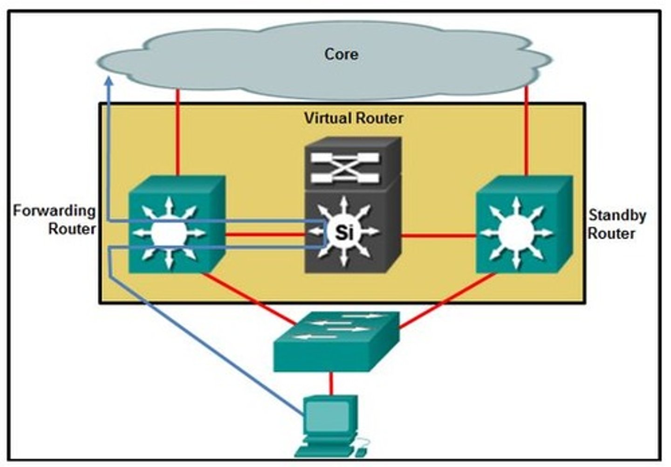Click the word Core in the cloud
pos(341,54)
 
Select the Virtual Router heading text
pos(353,118)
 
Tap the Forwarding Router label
pos(55,220)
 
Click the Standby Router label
pos(616,224)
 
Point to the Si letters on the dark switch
pos(344,232)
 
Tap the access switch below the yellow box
pos(335,343)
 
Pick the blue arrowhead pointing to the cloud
pos(109,82)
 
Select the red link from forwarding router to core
pos(178,133)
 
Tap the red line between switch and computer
pos(331,383)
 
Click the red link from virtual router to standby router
pos(438,236)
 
